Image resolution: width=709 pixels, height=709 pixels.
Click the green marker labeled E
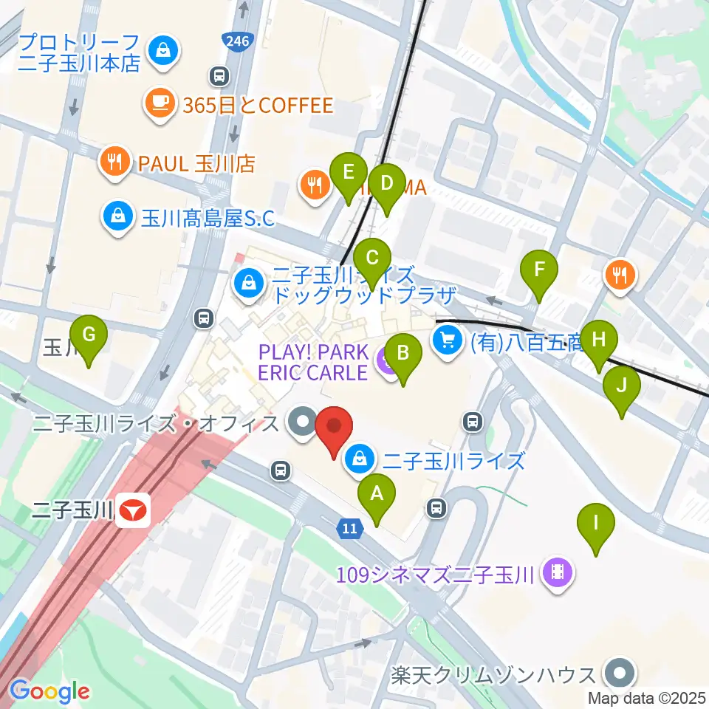click(349, 174)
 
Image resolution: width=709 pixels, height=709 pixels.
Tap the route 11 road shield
click(349, 528)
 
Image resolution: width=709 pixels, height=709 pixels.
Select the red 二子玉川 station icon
click(134, 510)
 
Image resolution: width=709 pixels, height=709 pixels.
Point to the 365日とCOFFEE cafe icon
click(160, 105)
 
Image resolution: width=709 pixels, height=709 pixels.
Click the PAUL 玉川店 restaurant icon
click(113, 161)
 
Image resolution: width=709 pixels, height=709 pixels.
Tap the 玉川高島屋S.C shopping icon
click(117, 217)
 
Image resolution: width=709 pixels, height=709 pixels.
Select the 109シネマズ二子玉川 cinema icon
click(558, 572)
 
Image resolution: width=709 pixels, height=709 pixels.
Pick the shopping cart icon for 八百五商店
click(448, 340)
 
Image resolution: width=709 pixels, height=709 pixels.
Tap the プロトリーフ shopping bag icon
click(160, 50)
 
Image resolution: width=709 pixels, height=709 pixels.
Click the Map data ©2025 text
click(648, 696)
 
